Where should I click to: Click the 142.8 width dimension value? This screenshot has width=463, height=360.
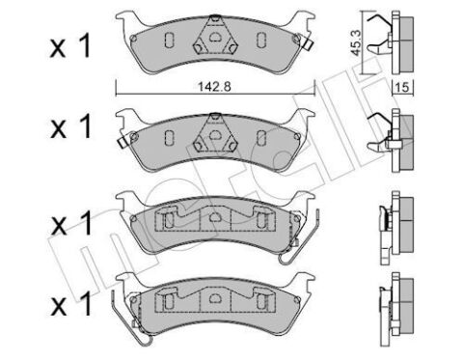[211, 87]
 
